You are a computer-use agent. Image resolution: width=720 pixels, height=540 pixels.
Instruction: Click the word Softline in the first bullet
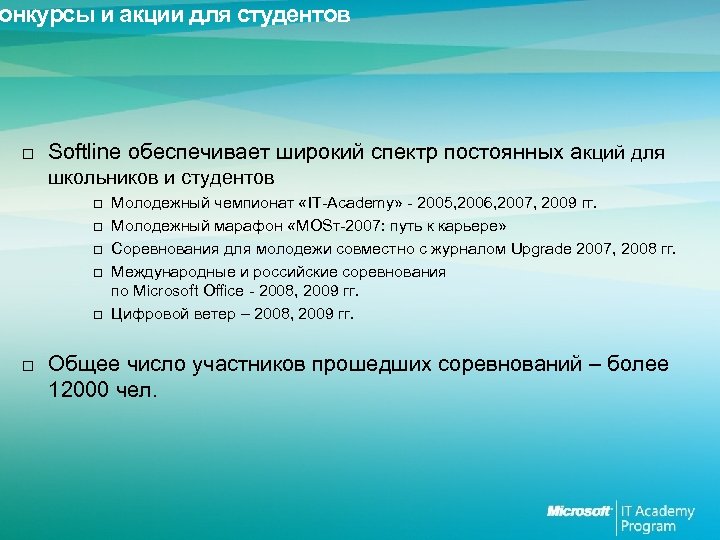pos(83,152)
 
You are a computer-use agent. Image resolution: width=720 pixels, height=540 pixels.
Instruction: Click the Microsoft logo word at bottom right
pos(579,511)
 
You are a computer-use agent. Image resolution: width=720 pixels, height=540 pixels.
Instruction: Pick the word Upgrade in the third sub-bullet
pos(542,247)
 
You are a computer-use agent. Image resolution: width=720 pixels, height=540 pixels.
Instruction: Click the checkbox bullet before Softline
pos(28,154)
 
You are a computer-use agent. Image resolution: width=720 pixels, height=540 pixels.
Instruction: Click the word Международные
pos(166,271)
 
